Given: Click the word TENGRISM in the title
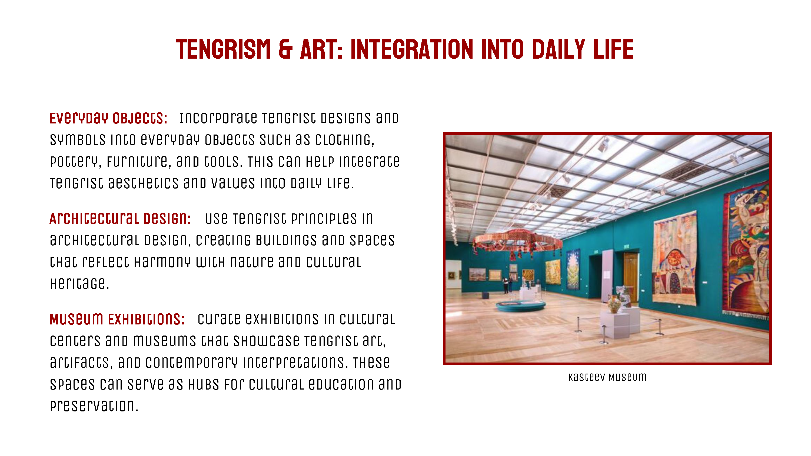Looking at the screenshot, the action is click(223, 49).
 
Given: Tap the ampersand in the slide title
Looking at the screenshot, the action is click(285, 49).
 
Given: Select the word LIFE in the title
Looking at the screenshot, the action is click(613, 49).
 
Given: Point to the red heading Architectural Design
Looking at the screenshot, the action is click(120, 219).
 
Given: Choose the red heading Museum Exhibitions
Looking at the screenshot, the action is click(117, 319).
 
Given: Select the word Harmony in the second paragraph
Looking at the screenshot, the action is click(162, 262).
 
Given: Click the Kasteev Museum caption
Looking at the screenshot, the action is click(607, 377).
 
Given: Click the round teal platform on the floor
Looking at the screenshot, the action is click(520, 306).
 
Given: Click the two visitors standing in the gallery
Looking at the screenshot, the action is click(508, 285).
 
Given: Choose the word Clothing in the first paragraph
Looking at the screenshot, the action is click(345, 140).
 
